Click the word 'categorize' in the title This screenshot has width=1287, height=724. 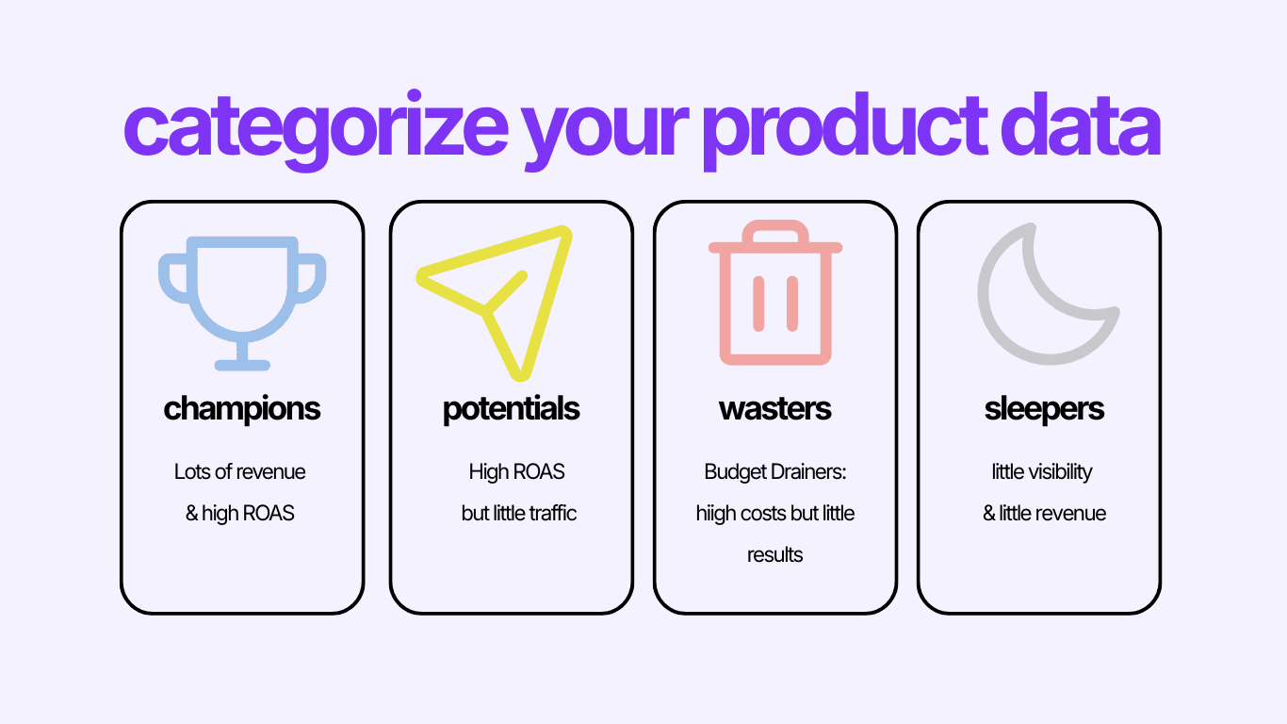[x=315, y=128]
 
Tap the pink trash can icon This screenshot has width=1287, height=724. [x=775, y=294]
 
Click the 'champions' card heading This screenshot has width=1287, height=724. [x=242, y=409]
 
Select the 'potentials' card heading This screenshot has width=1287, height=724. [x=512, y=409]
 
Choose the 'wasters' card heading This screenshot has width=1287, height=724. [x=775, y=409]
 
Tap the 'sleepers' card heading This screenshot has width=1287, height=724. [x=1044, y=409]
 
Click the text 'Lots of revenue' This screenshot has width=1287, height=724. [x=240, y=471]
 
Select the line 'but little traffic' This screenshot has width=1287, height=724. [x=519, y=514]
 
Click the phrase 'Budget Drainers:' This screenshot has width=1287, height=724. [x=775, y=471]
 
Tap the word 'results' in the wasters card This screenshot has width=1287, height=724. [x=775, y=555]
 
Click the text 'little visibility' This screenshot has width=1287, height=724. [x=1042, y=471]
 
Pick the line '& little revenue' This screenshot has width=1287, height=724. [x=1044, y=514]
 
